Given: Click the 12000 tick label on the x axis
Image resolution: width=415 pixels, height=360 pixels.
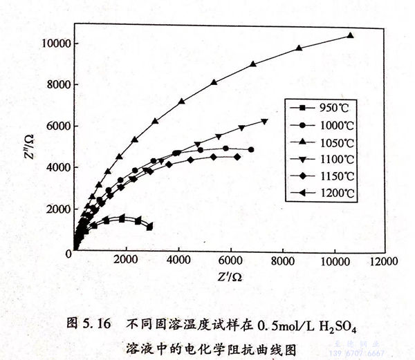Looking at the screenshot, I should coord(382,262).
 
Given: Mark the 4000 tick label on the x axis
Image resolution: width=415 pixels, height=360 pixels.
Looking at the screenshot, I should coord(179,262).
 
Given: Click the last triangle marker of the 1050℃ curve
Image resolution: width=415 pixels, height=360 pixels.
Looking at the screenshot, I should coord(350,35).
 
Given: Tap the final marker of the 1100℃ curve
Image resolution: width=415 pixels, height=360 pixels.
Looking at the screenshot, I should coord(265,122).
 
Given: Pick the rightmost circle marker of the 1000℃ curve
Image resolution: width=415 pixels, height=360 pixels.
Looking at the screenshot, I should coord(250,149).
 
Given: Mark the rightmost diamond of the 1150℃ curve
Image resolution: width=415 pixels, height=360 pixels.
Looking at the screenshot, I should coord(237,157).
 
